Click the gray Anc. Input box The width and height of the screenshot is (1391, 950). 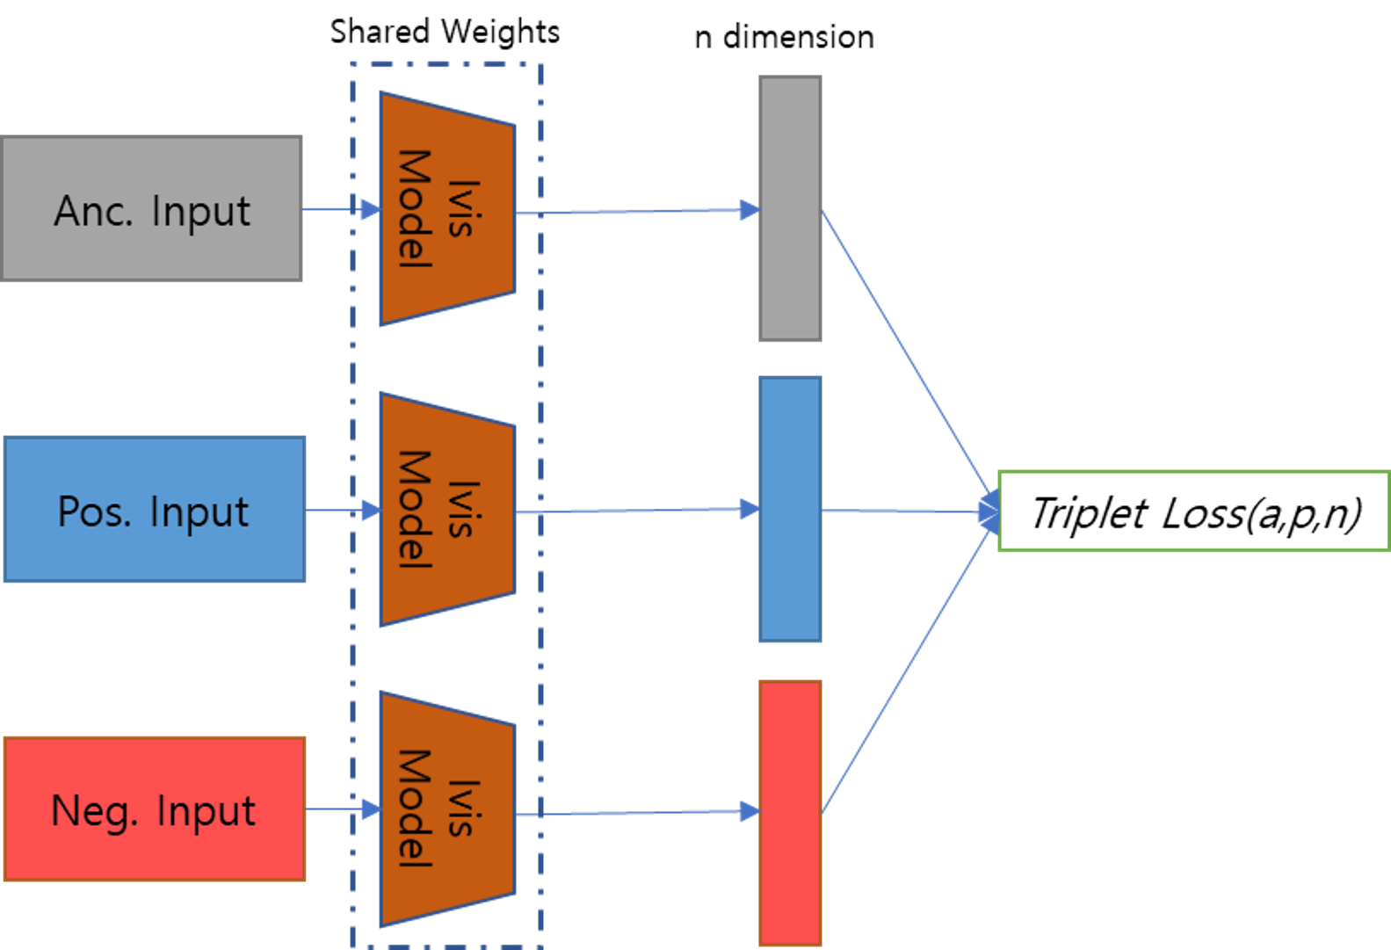pos(151,209)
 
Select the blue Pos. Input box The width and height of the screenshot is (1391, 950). pos(155,510)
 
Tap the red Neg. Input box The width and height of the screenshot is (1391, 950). pos(155,809)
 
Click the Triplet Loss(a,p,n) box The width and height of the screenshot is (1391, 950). pos(1193,511)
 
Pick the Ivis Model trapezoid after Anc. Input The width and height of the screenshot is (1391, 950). pos(446,209)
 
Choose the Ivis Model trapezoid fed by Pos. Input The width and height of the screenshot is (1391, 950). pos(446,510)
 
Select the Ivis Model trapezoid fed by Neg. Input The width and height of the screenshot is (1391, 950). pos(446,809)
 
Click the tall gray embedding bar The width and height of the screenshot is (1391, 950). pos(790,208)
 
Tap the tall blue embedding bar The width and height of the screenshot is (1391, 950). pos(790,510)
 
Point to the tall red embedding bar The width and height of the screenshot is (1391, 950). pos(790,813)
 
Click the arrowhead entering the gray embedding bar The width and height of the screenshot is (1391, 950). pos(750,210)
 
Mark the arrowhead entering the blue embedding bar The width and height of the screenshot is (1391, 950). pos(750,509)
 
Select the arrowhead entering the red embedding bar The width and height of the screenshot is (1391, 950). pos(750,811)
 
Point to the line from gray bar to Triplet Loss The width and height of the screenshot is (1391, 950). pos(905,352)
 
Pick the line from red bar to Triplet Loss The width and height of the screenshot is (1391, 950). pos(905,668)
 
